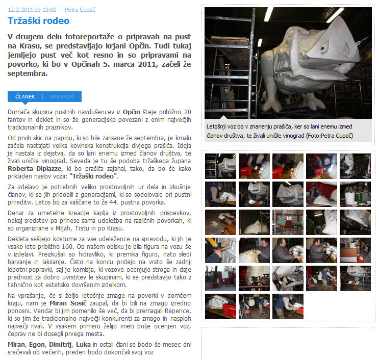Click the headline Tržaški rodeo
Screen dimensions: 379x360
pyautogui.click(x=38, y=21)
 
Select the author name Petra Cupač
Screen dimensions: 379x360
pyautogui.click(x=80, y=10)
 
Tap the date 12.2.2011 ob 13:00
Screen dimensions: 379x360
pyautogui.click(x=32, y=10)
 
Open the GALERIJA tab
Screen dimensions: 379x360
pyautogui.click(x=62, y=97)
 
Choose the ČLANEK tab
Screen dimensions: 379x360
pyautogui.click(x=25, y=97)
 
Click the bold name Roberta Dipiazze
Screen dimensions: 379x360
pyautogui.click(x=35, y=168)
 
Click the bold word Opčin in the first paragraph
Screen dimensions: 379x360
pyautogui.click(x=132, y=112)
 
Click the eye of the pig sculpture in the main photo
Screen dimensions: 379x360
pyautogui.click(x=323, y=48)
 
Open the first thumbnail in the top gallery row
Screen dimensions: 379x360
pyautogui.click(x=220, y=166)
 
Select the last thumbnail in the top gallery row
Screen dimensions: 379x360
pyautogui.click(x=355, y=166)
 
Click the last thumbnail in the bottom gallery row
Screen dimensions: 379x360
pyautogui.click(x=288, y=306)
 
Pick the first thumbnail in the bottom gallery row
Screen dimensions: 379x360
pyautogui.click(x=220, y=306)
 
